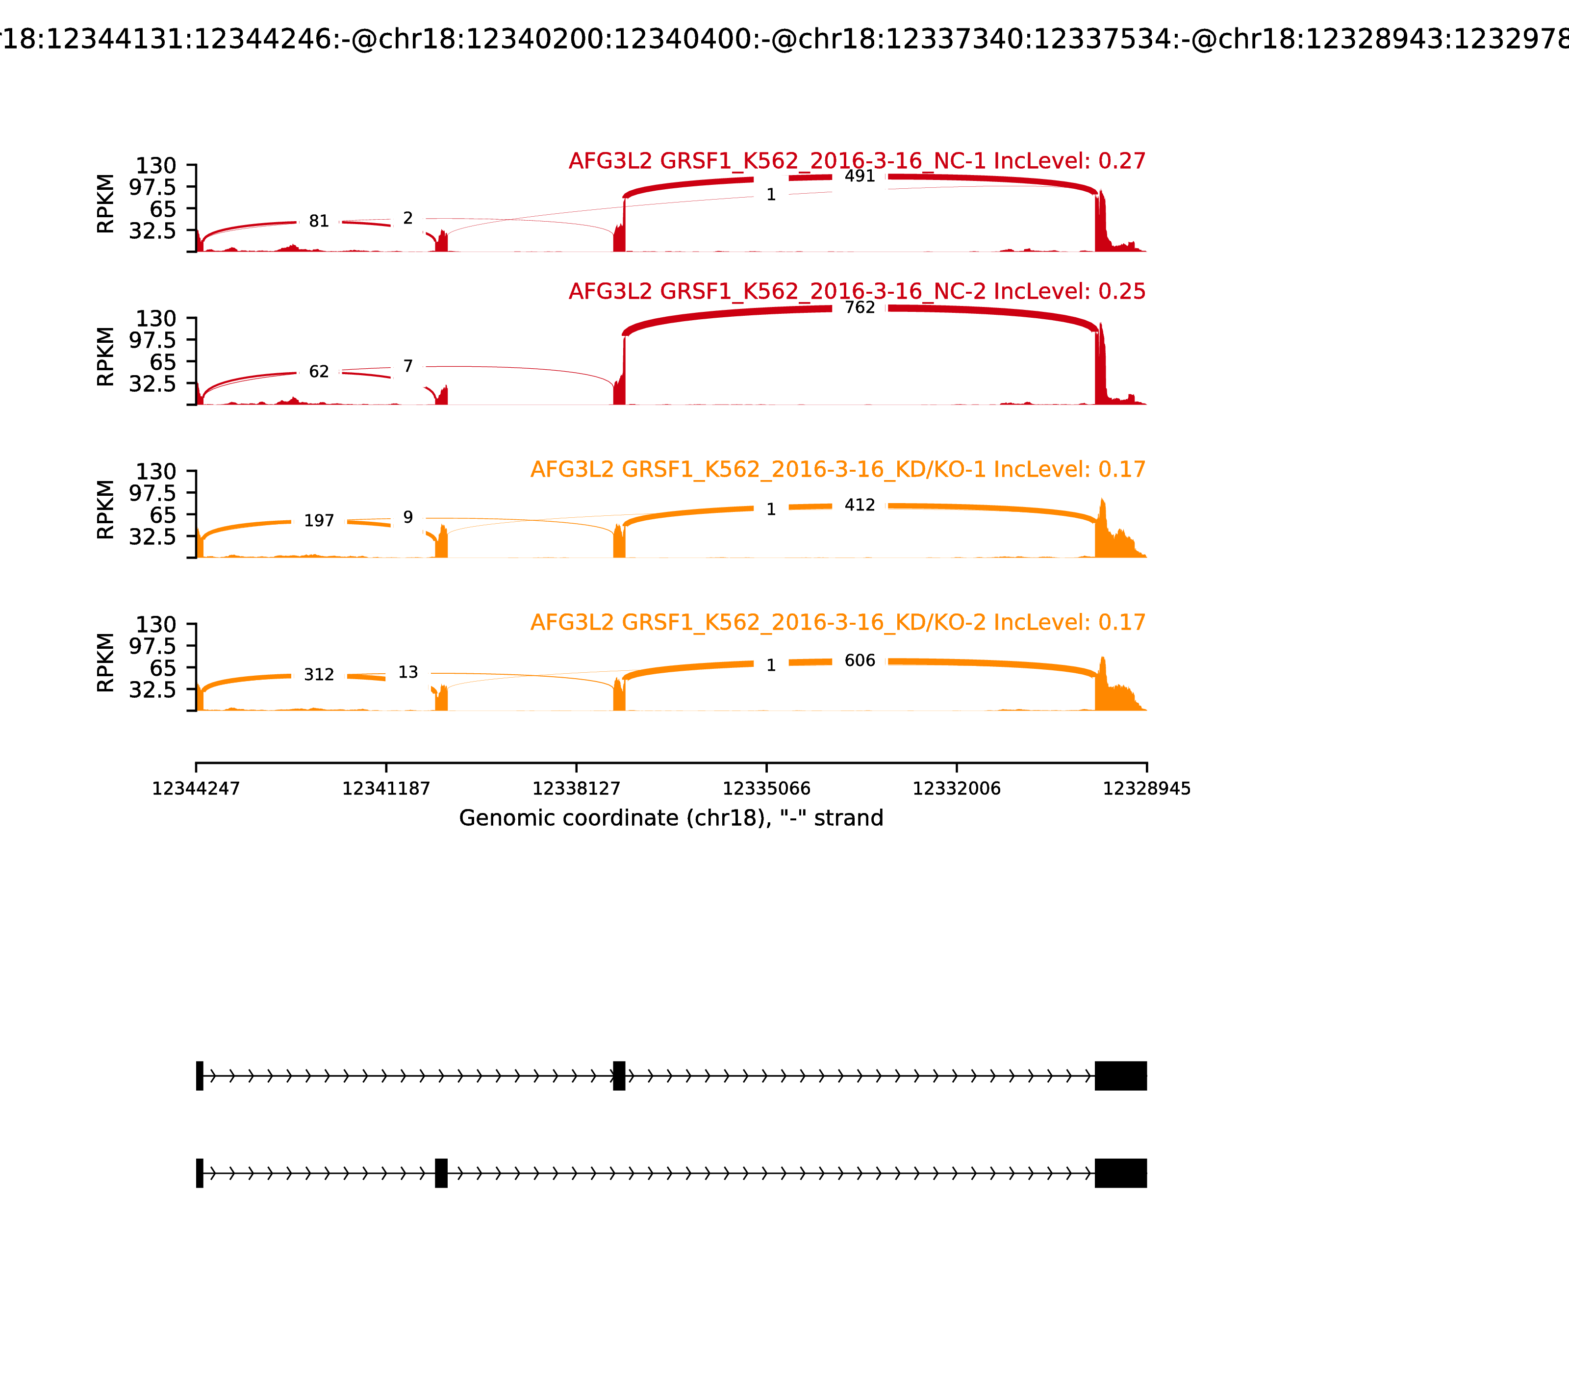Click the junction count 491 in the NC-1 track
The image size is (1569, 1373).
coord(860,176)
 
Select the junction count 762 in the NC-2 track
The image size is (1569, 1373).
coord(860,308)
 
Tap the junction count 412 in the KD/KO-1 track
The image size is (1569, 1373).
coord(860,506)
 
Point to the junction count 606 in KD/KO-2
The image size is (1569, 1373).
coord(860,661)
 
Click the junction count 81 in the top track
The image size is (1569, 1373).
coord(319,222)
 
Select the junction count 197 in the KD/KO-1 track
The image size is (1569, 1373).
coord(319,521)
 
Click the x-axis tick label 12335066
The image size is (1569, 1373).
coord(766,788)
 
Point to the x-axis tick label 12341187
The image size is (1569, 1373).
coord(386,788)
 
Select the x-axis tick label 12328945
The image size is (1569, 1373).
coord(1146,788)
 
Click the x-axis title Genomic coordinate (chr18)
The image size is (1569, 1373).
coord(671,818)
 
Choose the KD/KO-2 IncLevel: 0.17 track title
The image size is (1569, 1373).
coord(837,622)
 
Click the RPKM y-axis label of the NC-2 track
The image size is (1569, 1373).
coord(106,357)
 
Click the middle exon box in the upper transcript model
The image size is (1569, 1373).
coord(619,1076)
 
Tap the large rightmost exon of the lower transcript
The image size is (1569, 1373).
coord(1120,1173)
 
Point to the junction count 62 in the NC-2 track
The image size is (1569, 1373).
coord(319,372)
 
